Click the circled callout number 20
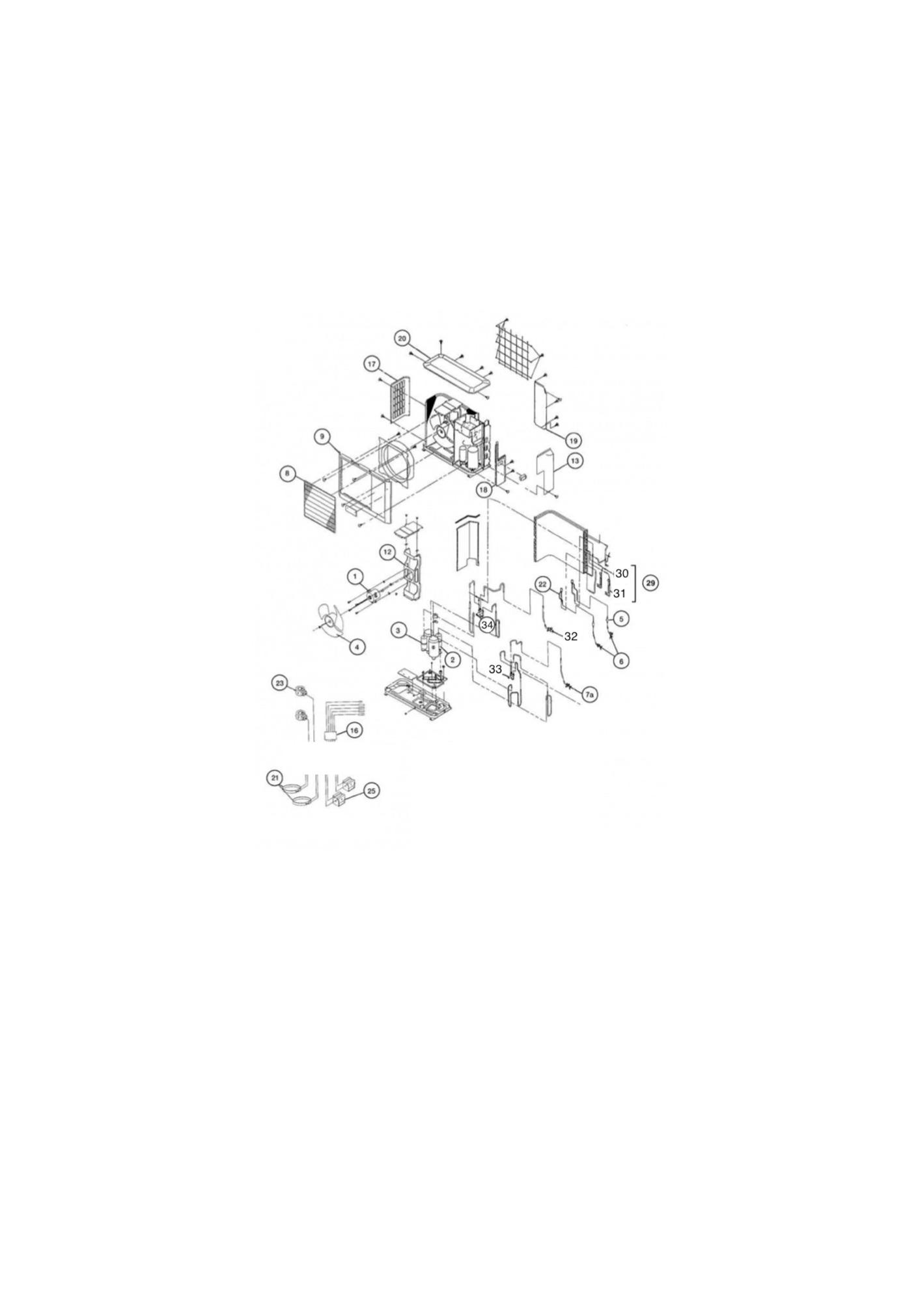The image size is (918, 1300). point(402,338)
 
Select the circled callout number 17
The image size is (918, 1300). point(372,364)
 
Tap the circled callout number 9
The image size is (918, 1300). point(322,436)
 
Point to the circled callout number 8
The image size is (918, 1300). point(286,473)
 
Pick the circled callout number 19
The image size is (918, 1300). point(574,441)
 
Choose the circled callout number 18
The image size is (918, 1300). point(483,489)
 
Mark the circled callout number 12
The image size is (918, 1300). point(387,552)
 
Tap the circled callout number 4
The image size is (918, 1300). point(356,647)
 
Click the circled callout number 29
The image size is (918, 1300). point(650,583)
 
